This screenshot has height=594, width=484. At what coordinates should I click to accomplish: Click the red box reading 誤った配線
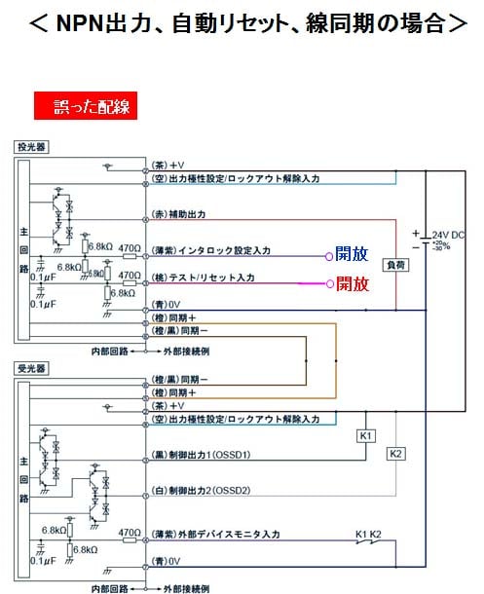click(x=86, y=105)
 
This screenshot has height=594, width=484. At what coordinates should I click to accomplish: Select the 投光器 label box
click(x=32, y=146)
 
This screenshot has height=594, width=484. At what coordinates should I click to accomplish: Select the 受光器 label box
click(x=32, y=369)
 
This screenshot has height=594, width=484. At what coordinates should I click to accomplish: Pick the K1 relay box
click(x=366, y=436)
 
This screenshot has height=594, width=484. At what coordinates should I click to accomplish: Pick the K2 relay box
click(x=396, y=454)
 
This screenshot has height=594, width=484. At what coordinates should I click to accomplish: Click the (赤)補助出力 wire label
click(x=177, y=213)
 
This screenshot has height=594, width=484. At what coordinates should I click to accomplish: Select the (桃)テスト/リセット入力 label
click(x=203, y=278)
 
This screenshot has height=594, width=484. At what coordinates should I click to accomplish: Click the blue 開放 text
click(x=352, y=253)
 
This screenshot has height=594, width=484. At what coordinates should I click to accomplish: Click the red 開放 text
click(x=352, y=284)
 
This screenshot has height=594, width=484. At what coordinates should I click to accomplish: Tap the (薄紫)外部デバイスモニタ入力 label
click(x=216, y=536)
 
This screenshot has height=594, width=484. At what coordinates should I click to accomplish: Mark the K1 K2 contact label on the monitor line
click(x=367, y=533)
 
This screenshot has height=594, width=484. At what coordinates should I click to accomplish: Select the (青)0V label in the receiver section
click(x=166, y=562)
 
